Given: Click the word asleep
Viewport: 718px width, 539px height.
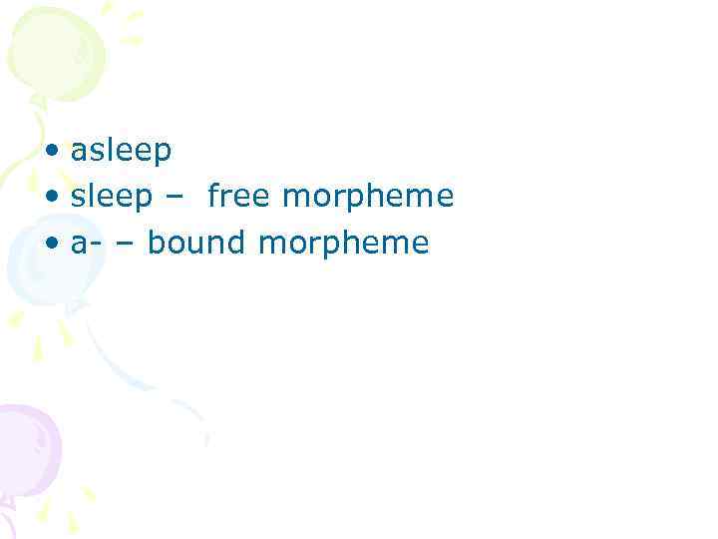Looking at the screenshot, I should pyautogui.click(x=121, y=152).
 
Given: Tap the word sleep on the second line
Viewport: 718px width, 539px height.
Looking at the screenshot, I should pyautogui.click(x=111, y=198).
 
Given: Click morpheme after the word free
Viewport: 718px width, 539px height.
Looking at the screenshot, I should pyautogui.click(x=368, y=198).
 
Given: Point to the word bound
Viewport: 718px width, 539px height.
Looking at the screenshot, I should pyautogui.click(x=195, y=244).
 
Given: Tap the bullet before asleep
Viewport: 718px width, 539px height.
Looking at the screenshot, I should pyautogui.click(x=52, y=153).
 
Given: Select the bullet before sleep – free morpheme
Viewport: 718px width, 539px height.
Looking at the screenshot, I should pyautogui.click(x=52, y=199).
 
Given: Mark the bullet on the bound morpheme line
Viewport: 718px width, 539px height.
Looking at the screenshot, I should pyautogui.click(x=52, y=245).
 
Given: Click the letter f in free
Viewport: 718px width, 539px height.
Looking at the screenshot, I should pyautogui.click(x=213, y=196).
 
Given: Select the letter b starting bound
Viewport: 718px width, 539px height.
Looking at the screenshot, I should pyautogui.click(x=157, y=243).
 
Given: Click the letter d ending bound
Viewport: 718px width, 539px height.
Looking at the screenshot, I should pyautogui.click(x=236, y=243).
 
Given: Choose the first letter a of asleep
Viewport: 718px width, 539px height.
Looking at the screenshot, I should pyautogui.click(x=78, y=153).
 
